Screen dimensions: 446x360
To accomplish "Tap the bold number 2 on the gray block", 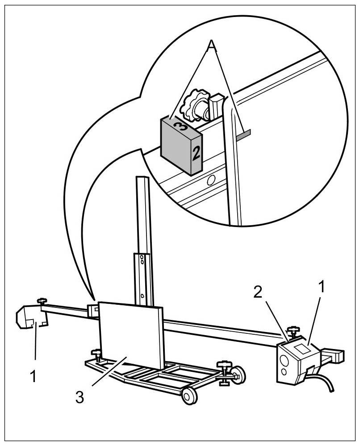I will [195, 153].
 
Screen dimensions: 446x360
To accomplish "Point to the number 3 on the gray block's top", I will [178, 125].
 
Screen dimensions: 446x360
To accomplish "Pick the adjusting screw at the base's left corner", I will [96, 355].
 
